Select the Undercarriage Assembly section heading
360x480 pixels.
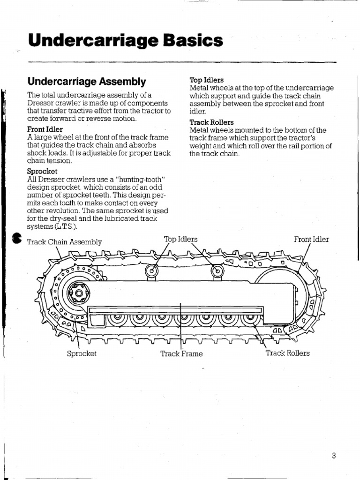pyautogui.click(x=87, y=82)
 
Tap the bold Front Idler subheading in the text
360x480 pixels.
pyautogui.click(x=45, y=129)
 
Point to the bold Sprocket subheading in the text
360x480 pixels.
pyautogui.click(x=42, y=172)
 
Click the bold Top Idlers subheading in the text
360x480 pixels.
pyautogui.click(x=206, y=80)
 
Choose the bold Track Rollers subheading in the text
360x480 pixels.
pyautogui.click(x=211, y=122)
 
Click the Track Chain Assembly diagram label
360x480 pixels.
pyautogui.click(x=65, y=242)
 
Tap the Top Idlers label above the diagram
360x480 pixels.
pyautogui.click(x=180, y=239)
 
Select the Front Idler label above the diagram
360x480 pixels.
pyautogui.click(x=311, y=239)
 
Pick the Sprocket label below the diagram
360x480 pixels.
pyautogui.click(x=82, y=353)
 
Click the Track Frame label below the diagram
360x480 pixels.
pyautogui.click(x=181, y=353)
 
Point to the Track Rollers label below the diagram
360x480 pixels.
pyautogui.click(x=288, y=353)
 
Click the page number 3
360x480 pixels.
pyautogui.click(x=333, y=456)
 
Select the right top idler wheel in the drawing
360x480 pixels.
pyautogui.click(x=218, y=270)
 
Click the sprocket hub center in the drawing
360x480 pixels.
pyautogui.click(x=78, y=294)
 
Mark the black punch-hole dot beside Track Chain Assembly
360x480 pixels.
pyautogui.click(x=17, y=239)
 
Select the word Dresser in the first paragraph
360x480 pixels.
pyautogui.click(x=41, y=103)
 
